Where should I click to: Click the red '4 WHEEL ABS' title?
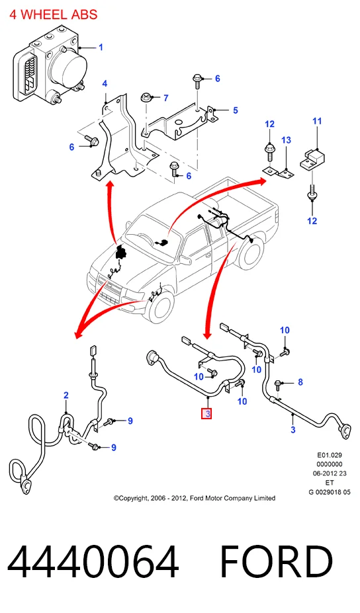pyautogui.click(x=53, y=15)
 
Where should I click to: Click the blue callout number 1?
pyautogui.click(x=101, y=48)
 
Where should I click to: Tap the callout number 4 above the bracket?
pyautogui.click(x=105, y=84)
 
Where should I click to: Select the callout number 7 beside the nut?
pyautogui.click(x=165, y=98)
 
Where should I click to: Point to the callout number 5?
pyautogui.click(x=235, y=110)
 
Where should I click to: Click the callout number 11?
pyautogui.click(x=317, y=121)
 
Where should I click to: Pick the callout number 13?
pyautogui.click(x=286, y=140)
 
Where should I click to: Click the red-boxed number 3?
pyautogui.click(x=206, y=413)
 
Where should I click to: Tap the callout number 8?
pyautogui.click(x=300, y=382)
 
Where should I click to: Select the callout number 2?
pyautogui.click(x=66, y=395)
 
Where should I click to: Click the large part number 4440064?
pyautogui.click(x=93, y=563)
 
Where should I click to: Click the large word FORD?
pyautogui.click(x=276, y=563)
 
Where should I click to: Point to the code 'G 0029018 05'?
pyautogui.click(x=330, y=492)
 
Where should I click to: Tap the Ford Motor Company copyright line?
pyautogui.click(x=195, y=498)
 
